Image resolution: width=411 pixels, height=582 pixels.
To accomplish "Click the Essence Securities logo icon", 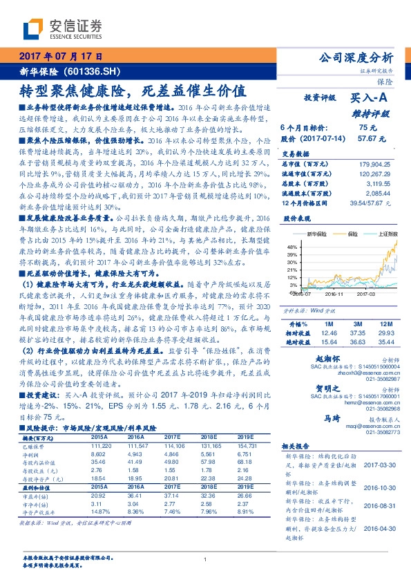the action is point(37,29).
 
